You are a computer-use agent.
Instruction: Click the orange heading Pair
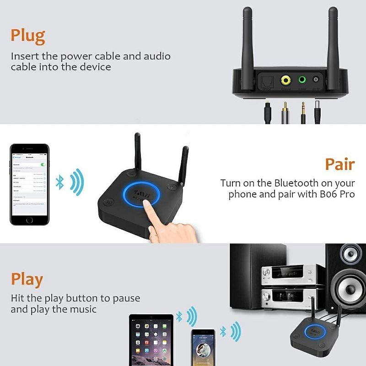click(339, 164)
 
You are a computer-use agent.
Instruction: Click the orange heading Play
click(27, 279)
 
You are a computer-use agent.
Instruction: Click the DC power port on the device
click(316, 80)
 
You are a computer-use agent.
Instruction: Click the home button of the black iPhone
click(29, 220)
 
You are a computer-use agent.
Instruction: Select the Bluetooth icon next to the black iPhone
click(59, 183)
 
